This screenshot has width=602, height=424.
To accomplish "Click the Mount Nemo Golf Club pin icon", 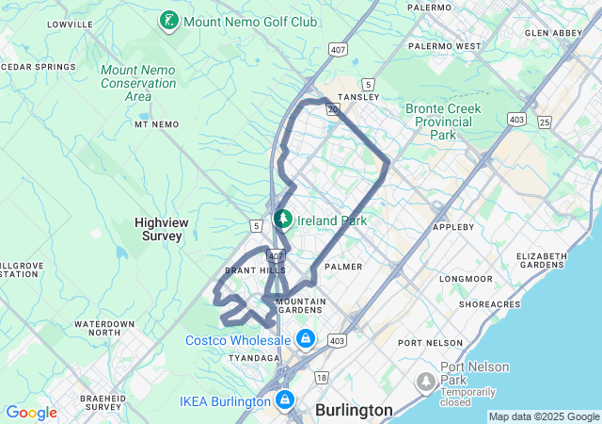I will pos(169,21).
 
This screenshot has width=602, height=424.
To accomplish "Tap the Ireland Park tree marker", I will pos(282,220).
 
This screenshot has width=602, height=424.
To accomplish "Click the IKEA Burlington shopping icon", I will pos(284,401).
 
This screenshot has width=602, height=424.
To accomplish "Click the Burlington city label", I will pos(354,410).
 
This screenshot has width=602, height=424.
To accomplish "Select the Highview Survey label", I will pos(158,229).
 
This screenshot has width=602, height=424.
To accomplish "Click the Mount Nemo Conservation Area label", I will pos(138,83).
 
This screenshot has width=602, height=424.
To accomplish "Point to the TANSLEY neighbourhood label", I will pos(359,96).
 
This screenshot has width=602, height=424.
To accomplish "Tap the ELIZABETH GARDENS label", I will pos(541,260).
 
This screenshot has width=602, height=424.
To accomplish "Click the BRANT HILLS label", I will pos(247,270).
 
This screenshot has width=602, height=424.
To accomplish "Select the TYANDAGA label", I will pos(254,358).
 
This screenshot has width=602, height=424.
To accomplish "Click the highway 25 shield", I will pos(545,122).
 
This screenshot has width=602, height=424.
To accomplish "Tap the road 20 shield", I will pos(332,109).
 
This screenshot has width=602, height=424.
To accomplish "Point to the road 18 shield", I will pos(322,377).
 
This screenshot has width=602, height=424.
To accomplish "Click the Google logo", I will pos(31,413).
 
